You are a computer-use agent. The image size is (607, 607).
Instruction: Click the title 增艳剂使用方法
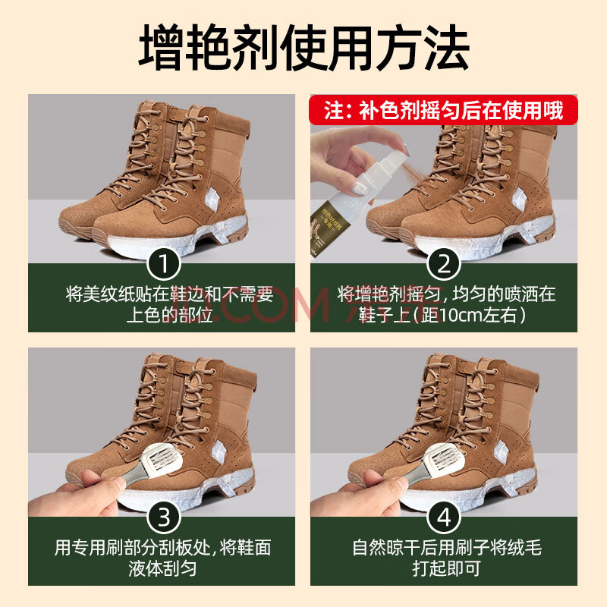304,49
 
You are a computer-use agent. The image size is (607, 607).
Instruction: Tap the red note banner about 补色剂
443,110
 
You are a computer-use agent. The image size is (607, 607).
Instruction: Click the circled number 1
164,264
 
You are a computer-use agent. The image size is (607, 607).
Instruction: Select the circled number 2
444,264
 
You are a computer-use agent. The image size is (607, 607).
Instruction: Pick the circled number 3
164,517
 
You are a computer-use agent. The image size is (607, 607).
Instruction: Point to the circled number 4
444,517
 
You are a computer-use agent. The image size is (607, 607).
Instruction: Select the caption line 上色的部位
169,316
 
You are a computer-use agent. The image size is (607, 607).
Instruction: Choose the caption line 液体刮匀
162,568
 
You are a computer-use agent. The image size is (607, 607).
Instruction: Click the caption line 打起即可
446,568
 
